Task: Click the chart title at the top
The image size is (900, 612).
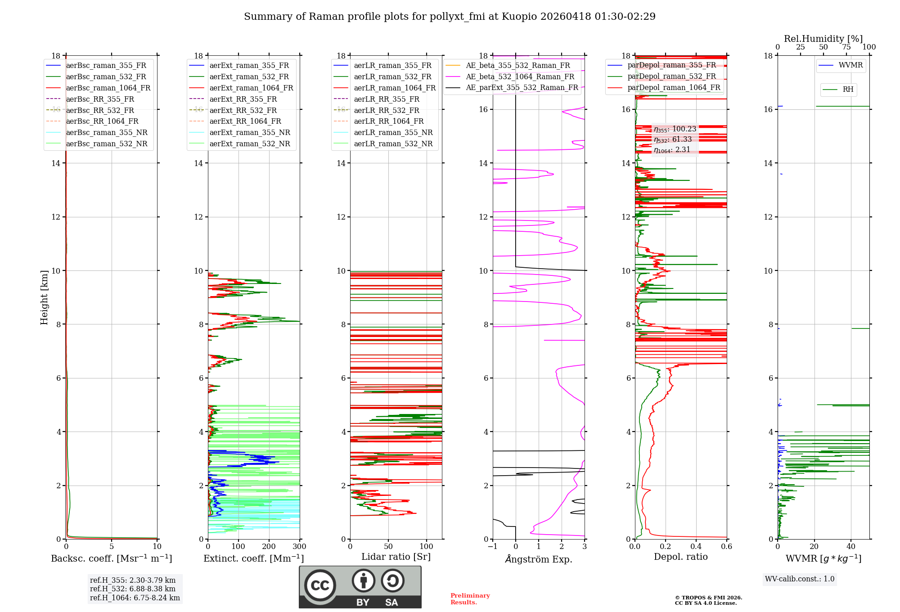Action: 450,17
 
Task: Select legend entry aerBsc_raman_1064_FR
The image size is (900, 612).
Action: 108,88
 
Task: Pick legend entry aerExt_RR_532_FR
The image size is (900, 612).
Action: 243,110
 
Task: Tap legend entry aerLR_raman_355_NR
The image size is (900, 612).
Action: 393,132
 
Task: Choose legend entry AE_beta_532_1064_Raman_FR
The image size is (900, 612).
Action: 520,76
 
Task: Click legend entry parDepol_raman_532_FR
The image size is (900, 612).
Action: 671,76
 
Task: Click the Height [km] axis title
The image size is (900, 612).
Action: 44,297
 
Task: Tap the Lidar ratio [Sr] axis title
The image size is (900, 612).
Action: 396,557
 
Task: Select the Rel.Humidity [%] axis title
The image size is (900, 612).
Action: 823,39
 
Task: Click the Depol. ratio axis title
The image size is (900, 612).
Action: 680,557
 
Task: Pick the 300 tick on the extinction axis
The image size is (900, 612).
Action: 300,547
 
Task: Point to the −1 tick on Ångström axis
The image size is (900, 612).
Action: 492,547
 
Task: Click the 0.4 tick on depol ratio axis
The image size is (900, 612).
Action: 696,547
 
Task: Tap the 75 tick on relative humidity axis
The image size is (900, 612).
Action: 846,47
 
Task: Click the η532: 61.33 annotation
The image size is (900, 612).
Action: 673,139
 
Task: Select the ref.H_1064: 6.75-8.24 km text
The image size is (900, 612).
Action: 135,598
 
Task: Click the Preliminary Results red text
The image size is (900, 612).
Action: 470,599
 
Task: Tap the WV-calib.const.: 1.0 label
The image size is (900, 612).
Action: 800,579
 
